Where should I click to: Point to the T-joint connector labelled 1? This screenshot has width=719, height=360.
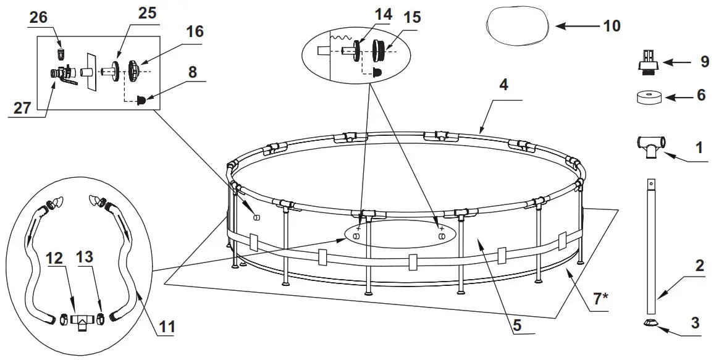click(650, 146)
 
